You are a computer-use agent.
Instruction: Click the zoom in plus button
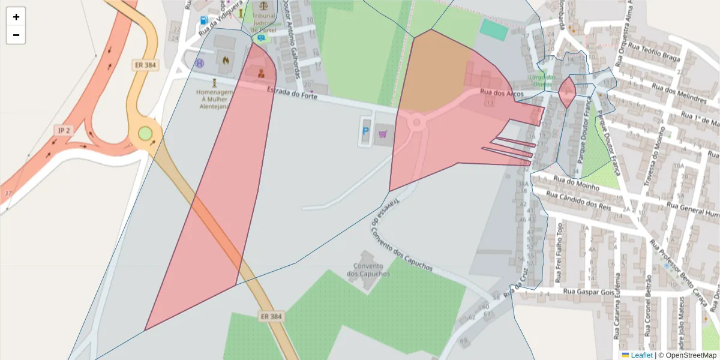(x=16, y=17)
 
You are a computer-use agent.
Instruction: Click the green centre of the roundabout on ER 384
(x=145, y=133)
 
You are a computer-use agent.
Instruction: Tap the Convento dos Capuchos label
(x=368, y=270)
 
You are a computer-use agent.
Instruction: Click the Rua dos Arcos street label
(x=502, y=93)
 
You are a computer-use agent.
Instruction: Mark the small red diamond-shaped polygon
(x=567, y=93)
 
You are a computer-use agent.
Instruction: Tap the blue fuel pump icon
(x=205, y=20)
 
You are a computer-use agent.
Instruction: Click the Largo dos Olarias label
(x=542, y=80)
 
